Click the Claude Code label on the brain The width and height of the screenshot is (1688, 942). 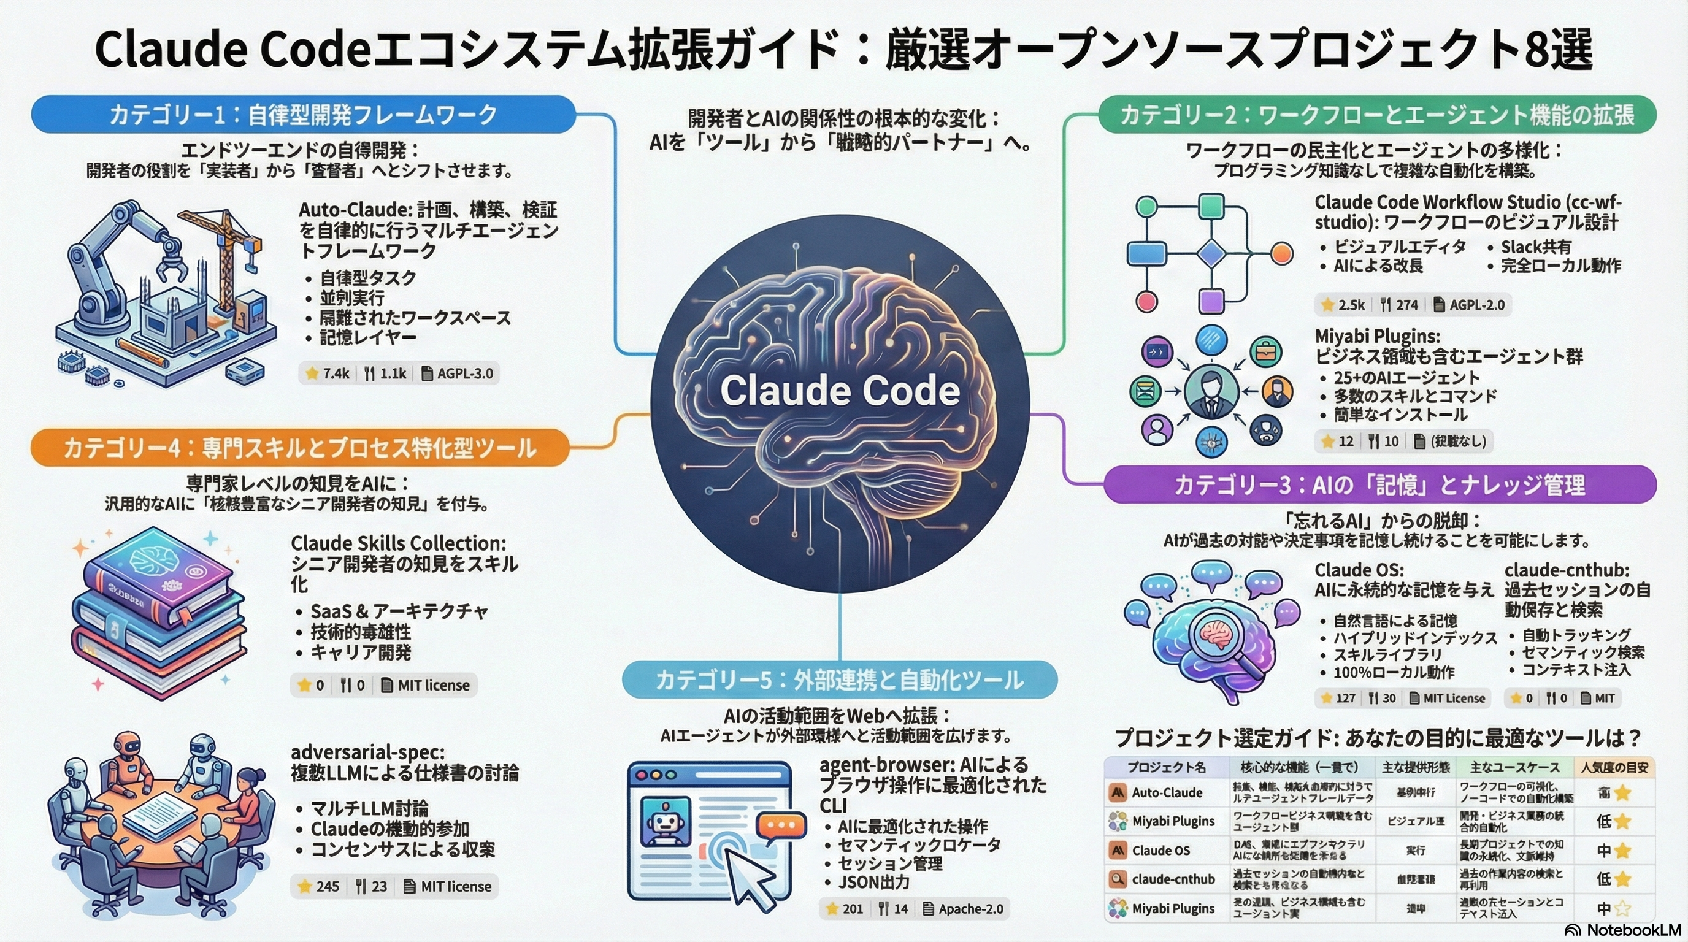coord(840,391)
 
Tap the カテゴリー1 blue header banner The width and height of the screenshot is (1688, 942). coord(303,115)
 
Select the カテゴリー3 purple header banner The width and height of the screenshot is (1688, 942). coord(1379,484)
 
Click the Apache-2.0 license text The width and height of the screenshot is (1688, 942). coord(970,909)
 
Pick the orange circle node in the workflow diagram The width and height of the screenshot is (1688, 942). coord(1281,253)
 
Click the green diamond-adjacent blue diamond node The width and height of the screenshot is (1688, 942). coord(1211,253)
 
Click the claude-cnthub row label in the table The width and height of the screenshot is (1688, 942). coord(1173,879)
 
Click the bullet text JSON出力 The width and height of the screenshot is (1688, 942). coord(874,883)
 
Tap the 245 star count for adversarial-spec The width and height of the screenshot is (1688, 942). coord(328,886)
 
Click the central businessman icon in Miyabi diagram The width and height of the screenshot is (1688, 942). coord(1211,392)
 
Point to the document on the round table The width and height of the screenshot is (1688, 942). coord(161,813)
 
